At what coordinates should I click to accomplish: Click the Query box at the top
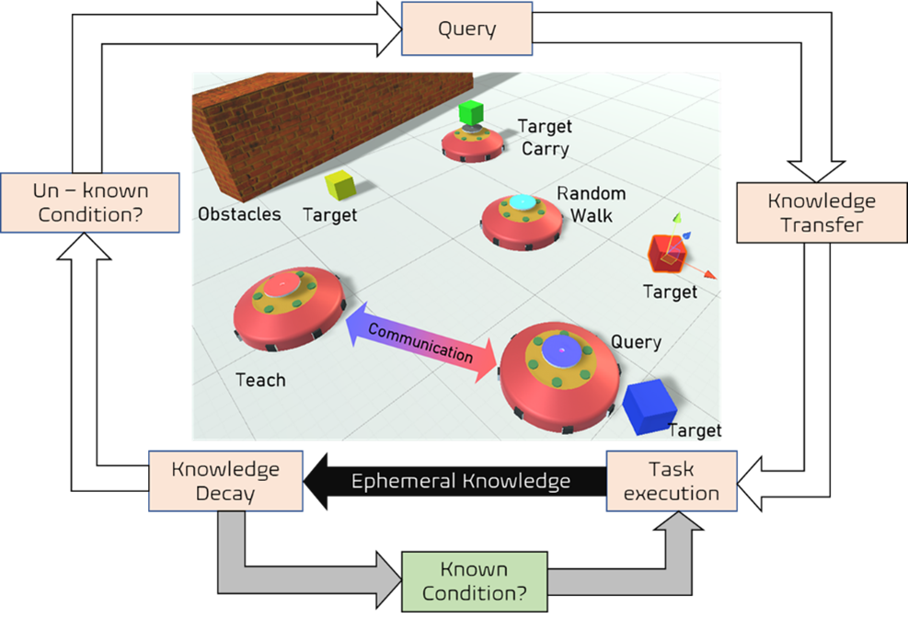466,29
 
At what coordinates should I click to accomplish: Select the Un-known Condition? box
89,203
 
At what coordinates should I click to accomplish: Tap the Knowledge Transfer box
822,212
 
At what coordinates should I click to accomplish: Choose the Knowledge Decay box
226,481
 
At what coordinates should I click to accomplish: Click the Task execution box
672,481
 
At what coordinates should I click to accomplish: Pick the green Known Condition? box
474,580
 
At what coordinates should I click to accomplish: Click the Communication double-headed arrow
420,341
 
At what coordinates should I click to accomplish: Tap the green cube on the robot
470,113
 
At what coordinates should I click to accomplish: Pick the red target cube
666,253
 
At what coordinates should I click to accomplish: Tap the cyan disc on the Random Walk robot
522,202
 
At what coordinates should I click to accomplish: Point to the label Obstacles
239,214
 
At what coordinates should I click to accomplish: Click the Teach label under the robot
260,380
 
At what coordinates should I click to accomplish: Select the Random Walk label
591,204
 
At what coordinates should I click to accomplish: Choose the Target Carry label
545,137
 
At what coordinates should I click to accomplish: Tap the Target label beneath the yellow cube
329,215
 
